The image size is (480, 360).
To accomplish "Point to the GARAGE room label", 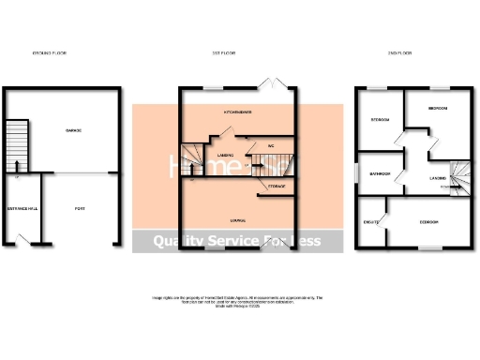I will tap(73, 129).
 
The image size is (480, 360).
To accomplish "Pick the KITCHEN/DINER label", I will tap(238, 110).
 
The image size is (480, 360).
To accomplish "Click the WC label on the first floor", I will tap(270, 146).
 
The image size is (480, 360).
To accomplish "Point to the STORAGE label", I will tap(277, 187).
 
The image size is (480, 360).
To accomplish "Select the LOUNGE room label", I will tap(237, 220).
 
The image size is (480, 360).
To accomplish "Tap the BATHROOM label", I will tap(379, 174).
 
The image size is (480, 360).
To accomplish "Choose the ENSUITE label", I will tap(370, 222).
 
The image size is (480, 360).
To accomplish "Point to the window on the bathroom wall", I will tap(357, 174).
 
